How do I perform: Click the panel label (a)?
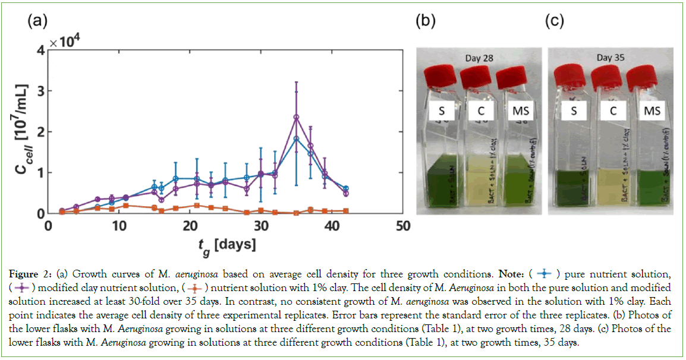[x=36, y=21]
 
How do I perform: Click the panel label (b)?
[x=425, y=21]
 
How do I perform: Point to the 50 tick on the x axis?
[x=402, y=226]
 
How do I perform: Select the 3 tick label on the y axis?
[x=40, y=91]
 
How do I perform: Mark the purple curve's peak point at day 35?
[x=296, y=117]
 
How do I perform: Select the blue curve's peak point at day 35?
[x=296, y=138]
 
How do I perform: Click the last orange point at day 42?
[x=346, y=211]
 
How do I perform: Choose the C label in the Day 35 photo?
[x=613, y=111]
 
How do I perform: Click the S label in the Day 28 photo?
[x=439, y=111]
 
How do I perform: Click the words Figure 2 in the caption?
[x=32, y=274]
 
